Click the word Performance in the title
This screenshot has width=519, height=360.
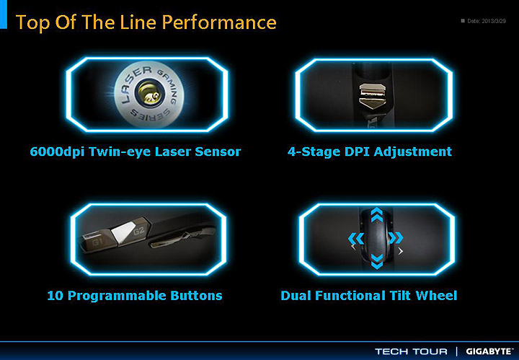219,22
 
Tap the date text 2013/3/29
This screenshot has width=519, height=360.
494,21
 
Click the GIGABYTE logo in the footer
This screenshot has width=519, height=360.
489,351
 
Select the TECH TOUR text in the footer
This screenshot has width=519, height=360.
411,351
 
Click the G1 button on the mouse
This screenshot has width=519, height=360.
97,242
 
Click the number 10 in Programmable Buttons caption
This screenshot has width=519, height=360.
55,296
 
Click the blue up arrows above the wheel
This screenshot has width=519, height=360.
377,215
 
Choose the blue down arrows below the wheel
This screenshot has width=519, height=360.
377,261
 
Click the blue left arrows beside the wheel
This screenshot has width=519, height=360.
356,238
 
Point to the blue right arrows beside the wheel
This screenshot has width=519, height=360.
396,238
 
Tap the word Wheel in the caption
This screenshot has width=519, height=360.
436,295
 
